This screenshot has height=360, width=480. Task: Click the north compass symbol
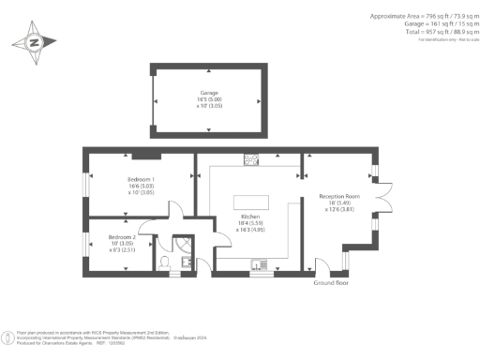coord(34,42)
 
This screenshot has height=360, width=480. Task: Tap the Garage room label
coord(208,93)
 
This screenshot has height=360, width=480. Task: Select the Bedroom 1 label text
coord(141,179)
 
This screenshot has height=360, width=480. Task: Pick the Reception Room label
coord(339,197)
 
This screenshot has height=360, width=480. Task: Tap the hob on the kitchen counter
coord(251,160)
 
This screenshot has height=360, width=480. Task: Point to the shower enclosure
coord(184,243)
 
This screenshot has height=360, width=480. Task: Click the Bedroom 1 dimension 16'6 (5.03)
coord(140,187)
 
